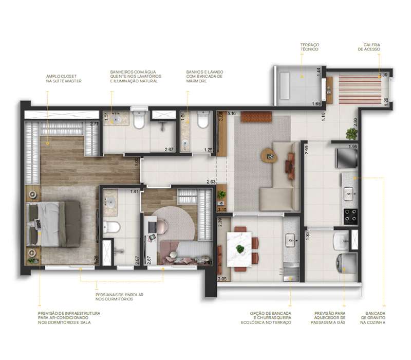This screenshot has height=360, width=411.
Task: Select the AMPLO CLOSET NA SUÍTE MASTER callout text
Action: tap(64, 78)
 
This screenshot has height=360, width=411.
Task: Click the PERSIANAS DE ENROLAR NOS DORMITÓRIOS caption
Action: tap(120, 297)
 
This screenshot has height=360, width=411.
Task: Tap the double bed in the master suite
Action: tap(54, 224)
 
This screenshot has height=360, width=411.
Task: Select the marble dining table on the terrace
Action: tap(239, 249)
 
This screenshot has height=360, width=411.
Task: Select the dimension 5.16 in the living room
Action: tap(231, 113)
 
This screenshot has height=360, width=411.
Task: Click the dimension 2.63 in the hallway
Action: tap(211, 182)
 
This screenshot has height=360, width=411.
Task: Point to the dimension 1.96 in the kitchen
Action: tap(352, 147)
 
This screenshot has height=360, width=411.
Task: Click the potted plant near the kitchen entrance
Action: tap(351, 134)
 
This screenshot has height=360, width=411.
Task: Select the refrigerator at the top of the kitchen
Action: tap(344, 158)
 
